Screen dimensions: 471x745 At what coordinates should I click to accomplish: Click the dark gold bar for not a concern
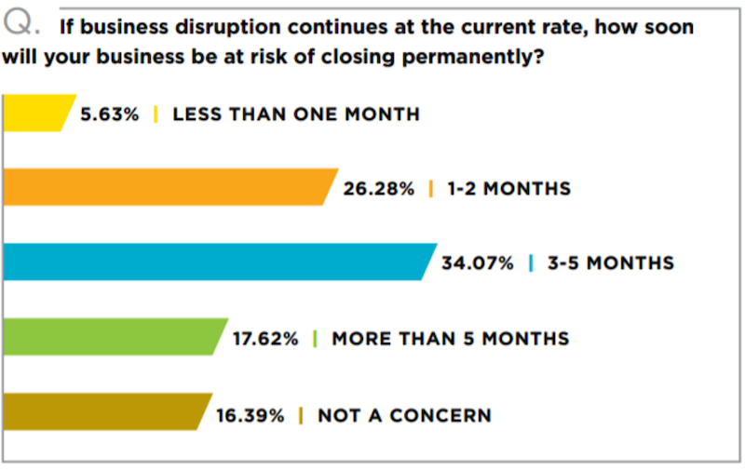click(104, 412)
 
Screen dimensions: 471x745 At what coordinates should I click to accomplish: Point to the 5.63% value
click(111, 114)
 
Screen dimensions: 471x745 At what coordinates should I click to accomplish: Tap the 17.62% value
click(265, 338)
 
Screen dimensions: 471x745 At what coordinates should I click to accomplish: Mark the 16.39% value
click(251, 414)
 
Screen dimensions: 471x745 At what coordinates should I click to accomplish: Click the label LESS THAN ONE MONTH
click(296, 114)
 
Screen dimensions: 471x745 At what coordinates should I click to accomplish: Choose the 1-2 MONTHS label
click(508, 188)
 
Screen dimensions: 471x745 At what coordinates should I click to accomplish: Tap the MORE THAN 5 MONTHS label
click(450, 338)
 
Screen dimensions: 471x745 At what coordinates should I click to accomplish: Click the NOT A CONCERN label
click(404, 414)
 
